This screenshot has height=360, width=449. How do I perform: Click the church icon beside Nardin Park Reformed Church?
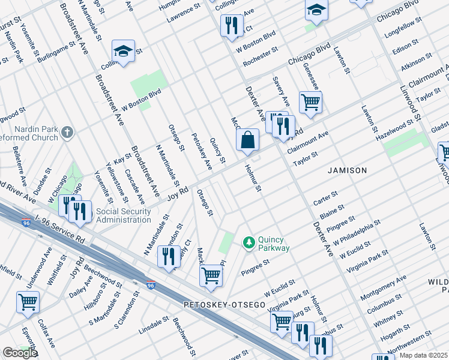[x=68, y=132]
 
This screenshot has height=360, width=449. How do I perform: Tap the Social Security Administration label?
[x=114, y=215]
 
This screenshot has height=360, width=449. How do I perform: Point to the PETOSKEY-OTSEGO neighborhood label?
[x=224, y=305]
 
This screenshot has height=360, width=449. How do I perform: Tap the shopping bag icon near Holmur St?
[x=247, y=141]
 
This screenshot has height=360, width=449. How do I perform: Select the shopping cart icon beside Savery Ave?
[x=310, y=102]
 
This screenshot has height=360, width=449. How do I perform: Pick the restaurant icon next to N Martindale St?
[x=169, y=256]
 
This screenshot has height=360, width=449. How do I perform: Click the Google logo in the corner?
[x=19, y=353]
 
